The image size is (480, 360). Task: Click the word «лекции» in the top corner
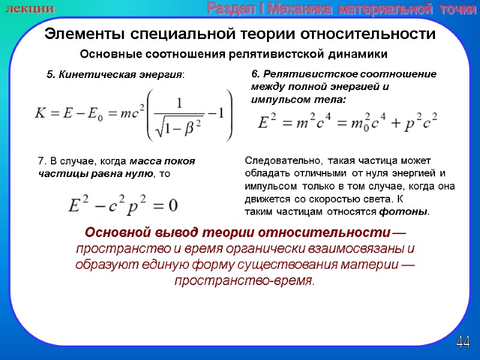click(x=29, y=9)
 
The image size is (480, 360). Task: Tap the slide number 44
click(x=463, y=343)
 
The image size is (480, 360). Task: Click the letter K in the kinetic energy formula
click(x=41, y=115)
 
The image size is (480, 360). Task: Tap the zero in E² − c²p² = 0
click(x=172, y=206)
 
